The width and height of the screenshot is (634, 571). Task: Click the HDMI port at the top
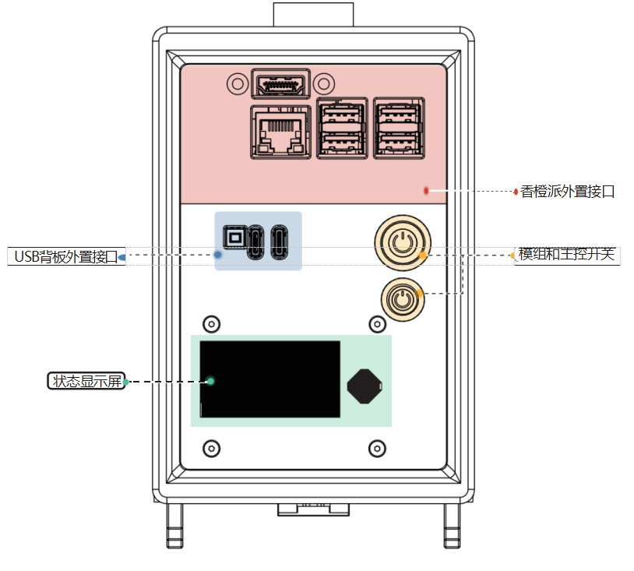tap(280, 84)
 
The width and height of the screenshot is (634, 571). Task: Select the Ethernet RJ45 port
tap(280, 132)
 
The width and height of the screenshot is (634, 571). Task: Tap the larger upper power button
tap(403, 242)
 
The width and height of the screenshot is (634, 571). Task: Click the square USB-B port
tap(235, 237)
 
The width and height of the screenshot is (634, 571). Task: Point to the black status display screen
tap(269, 379)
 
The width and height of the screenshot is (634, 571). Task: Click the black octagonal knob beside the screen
tap(365, 386)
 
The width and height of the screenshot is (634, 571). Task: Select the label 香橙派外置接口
tap(567, 192)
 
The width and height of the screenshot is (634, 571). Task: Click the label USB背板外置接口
tap(66, 256)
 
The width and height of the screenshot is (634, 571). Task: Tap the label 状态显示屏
tap(86, 381)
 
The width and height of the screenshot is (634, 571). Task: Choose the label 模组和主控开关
tap(566, 254)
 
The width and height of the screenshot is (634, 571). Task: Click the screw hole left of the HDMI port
tap(238, 83)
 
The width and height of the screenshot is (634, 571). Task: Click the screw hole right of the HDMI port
tap(324, 83)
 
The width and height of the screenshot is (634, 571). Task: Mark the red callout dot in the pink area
tap(426, 191)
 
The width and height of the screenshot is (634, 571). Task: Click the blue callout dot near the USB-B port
tap(217, 255)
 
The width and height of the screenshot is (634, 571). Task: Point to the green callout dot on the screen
tap(210, 381)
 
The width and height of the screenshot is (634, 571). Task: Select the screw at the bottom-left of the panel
tap(212, 449)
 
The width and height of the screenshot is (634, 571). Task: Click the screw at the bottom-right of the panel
tap(377, 449)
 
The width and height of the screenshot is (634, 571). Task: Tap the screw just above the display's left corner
tap(212, 324)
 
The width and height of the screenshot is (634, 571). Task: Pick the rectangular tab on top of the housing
tap(313, 15)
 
